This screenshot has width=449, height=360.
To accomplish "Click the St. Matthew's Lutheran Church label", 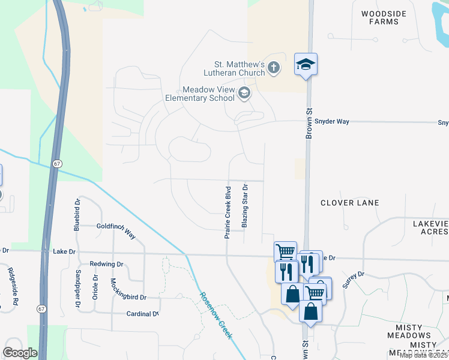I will pyautogui.click(x=240, y=68).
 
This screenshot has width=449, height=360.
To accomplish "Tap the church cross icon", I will pyautogui.click(x=274, y=67).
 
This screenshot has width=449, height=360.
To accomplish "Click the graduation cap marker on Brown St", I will pyautogui.click(x=306, y=64).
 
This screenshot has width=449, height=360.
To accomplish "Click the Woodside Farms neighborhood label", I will pyautogui.click(x=384, y=17).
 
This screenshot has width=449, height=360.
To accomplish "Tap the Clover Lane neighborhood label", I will pyautogui.click(x=349, y=203).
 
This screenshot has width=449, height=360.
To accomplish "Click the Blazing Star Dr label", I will pyautogui.click(x=245, y=205).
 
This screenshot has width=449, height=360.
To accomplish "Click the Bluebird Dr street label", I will pyautogui.click(x=77, y=215).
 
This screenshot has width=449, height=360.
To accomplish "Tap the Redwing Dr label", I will pyautogui.click(x=106, y=264).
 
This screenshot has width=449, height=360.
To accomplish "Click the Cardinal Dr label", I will pyautogui.click(x=142, y=314).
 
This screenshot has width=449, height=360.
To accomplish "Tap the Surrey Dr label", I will pyautogui.click(x=354, y=280).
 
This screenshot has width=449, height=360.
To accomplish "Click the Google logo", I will pyautogui.click(x=20, y=353).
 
